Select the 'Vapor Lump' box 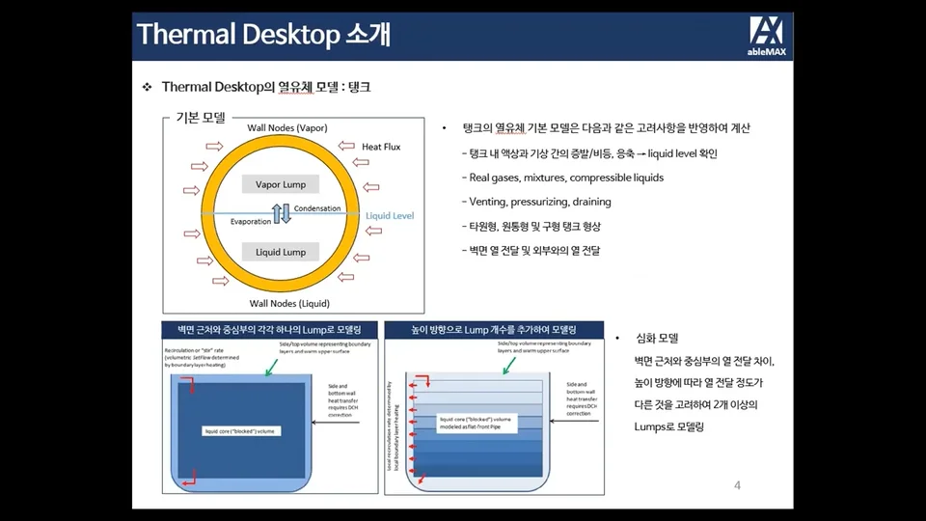pos(281,184)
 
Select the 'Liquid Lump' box pos(281,252)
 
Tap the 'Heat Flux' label pos(381,147)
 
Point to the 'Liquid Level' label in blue pos(390,216)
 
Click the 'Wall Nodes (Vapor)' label pos(287,128)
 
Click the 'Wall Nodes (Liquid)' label pos(287,303)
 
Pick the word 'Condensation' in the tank pos(316,208)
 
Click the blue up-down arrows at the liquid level pos(282,214)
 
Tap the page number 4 pos(737,484)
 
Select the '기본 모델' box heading pos(200,118)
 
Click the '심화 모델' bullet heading pos(657,339)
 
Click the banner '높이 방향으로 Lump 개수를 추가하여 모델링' pos(493,329)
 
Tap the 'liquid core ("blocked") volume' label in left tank pos(242,430)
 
